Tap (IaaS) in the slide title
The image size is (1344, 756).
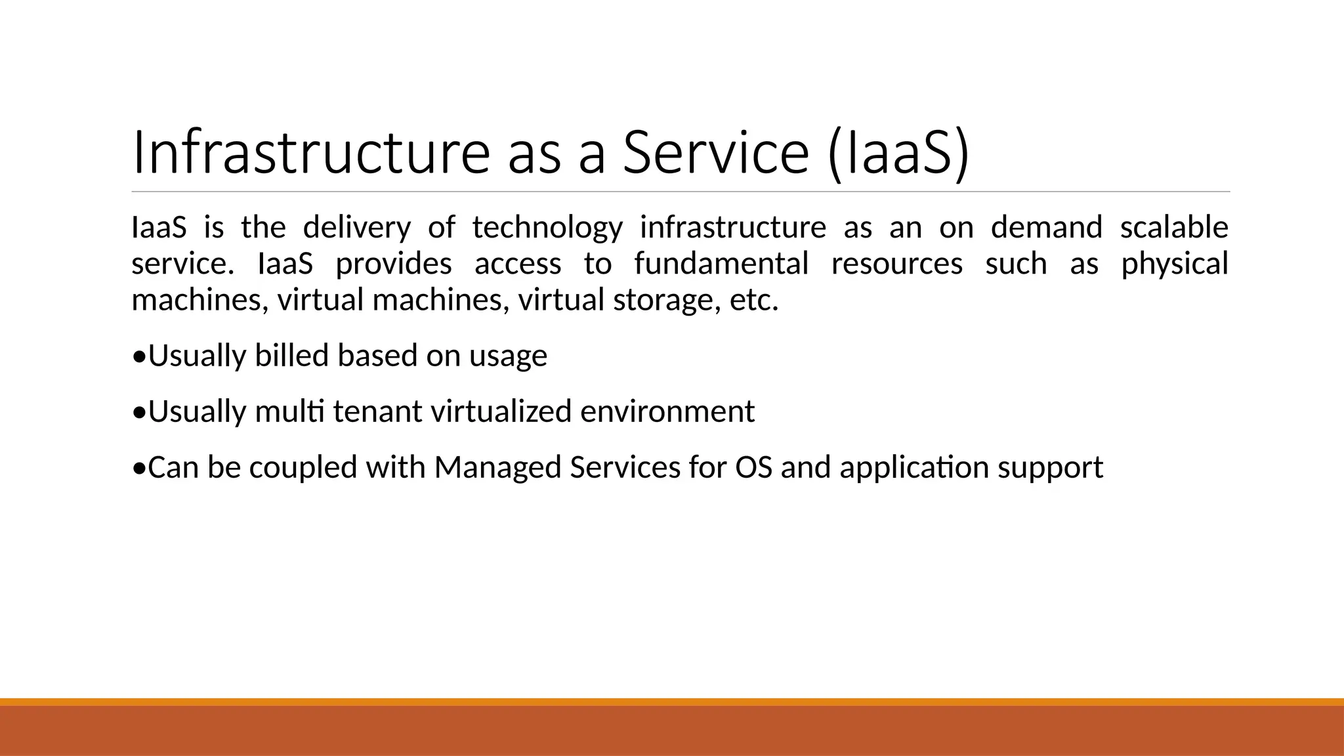[898, 152]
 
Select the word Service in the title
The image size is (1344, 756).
[715, 152]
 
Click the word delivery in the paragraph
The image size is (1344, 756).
[356, 227]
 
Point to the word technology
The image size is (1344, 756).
[547, 227]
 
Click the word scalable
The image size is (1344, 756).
[1174, 227]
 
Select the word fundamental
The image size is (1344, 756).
[721, 264]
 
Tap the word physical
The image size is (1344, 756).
[1174, 264]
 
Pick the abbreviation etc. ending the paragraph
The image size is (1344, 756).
[754, 301]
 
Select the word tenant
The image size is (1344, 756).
[377, 412]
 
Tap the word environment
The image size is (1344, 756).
[667, 412]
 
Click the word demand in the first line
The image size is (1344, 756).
[1046, 227]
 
